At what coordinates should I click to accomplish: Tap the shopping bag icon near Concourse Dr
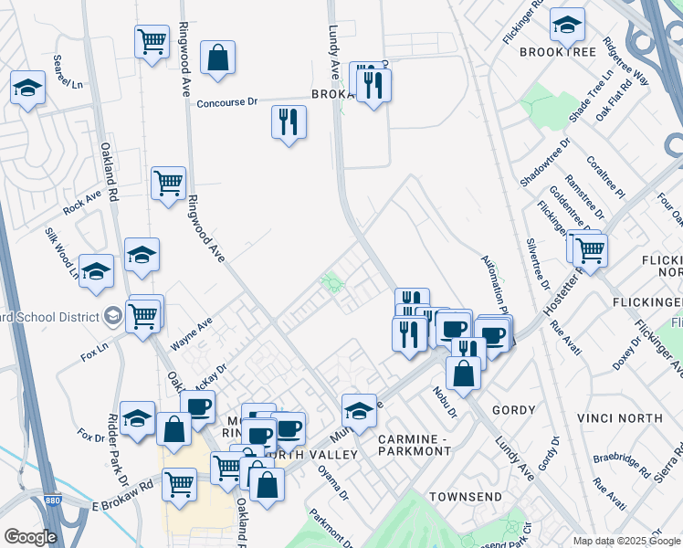tap(218, 58)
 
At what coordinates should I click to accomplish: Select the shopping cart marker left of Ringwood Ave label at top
tap(152, 40)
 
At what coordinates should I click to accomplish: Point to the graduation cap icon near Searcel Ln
tap(27, 89)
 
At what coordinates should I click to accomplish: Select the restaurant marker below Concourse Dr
tap(289, 121)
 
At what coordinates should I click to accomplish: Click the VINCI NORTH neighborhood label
tap(620, 418)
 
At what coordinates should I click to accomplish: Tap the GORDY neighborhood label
tap(513, 410)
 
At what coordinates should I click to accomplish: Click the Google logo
tap(30, 537)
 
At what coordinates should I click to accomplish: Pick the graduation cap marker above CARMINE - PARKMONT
tap(359, 411)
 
